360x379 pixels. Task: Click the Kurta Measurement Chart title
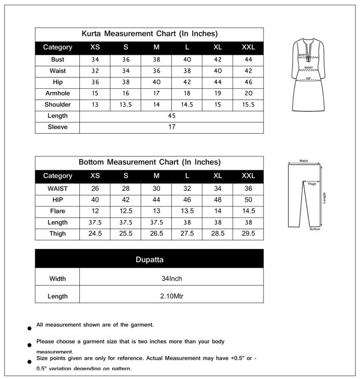[x=149, y=34]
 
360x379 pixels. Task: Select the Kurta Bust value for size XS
[x=95, y=60]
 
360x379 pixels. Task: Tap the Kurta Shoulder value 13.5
[x=126, y=105]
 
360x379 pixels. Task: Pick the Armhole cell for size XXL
[x=248, y=93]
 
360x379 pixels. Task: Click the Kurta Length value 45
[x=172, y=116]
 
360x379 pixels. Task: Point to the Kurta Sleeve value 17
[x=172, y=127]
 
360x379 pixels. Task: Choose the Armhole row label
[x=58, y=93]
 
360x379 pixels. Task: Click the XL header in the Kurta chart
[x=217, y=47]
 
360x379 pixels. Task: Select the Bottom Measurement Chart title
[x=149, y=162]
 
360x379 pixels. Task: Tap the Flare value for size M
[x=157, y=211]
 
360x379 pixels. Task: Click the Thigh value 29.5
[x=248, y=234]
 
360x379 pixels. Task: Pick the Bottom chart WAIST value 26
[x=95, y=189]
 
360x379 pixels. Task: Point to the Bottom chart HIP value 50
[x=248, y=200]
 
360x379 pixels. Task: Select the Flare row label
[x=58, y=211]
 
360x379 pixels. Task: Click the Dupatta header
[x=149, y=259]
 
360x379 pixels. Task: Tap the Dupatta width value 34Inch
[x=172, y=279]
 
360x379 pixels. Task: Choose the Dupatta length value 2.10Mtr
[x=172, y=296]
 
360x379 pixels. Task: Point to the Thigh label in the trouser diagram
[x=312, y=184]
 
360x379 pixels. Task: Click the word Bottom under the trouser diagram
[x=315, y=229]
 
